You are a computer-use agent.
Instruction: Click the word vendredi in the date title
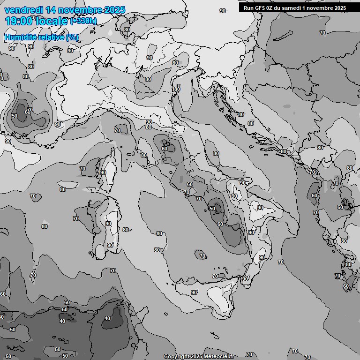click(x=24, y=10)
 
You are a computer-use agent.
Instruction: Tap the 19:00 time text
click(x=18, y=21)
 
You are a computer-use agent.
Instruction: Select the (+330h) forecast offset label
click(x=83, y=21)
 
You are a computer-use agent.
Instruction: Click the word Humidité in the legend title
click(x=21, y=37)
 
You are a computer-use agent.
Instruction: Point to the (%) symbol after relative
click(x=72, y=37)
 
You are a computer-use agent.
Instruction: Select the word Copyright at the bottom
click(x=176, y=357)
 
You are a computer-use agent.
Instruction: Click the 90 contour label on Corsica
click(x=103, y=172)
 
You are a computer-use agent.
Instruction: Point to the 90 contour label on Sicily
click(x=194, y=292)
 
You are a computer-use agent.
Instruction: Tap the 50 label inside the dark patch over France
click(x=15, y=116)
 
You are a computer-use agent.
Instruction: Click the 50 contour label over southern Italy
click(x=212, y=209)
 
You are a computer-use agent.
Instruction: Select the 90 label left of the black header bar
click(x=222, y=11)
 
